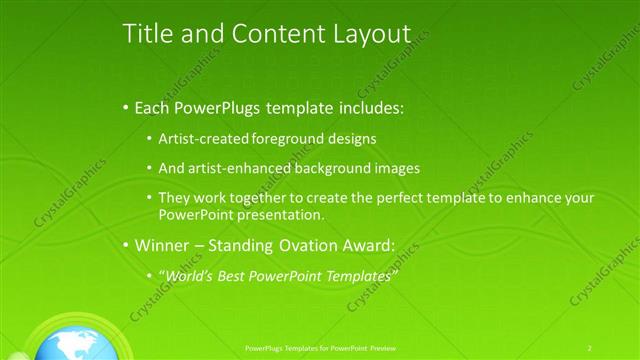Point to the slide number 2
[590, 347]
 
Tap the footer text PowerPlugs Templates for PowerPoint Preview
[323, 347]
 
